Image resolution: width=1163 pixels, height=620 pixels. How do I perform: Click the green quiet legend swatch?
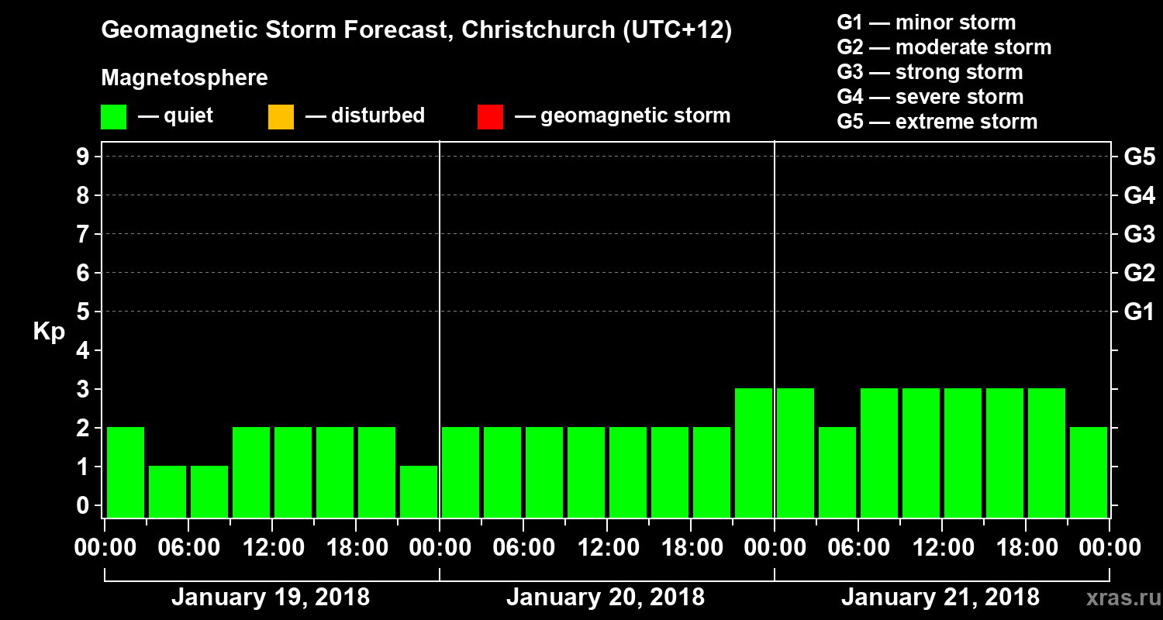tap(113, 116)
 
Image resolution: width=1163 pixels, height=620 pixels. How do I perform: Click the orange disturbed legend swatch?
tap(281, 116)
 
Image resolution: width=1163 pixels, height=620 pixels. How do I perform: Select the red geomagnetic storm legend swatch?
tap(490, 116)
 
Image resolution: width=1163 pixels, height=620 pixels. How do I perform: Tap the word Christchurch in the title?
tap(535, 31)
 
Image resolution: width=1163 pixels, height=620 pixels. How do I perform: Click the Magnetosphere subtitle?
tap(185, 78)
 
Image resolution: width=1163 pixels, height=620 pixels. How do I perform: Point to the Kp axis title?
tap(49, 331)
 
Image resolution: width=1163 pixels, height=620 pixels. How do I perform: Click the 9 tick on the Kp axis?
tap(81, 157)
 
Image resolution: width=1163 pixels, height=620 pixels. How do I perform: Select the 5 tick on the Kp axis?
tap(81, 312)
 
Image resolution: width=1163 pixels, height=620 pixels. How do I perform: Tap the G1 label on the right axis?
tap(1139, 312)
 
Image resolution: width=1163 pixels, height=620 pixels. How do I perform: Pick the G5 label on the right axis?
tap(1139, 157)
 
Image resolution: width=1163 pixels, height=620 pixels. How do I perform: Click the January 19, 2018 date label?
tap(271, 598)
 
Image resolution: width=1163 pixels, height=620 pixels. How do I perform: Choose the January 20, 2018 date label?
tap(606, 598)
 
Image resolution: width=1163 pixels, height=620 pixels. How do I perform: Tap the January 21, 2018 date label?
tap(940, 598)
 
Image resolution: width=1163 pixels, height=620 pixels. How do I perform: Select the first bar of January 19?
tap(126, 472)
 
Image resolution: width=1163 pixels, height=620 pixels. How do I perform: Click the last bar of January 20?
tap(754, 453)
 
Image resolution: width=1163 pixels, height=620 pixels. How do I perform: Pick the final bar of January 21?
tap(1089, 472)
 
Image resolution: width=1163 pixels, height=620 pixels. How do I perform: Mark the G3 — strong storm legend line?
tap(930, 72)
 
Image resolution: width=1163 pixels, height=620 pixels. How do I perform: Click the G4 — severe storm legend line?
tap(930, 97)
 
